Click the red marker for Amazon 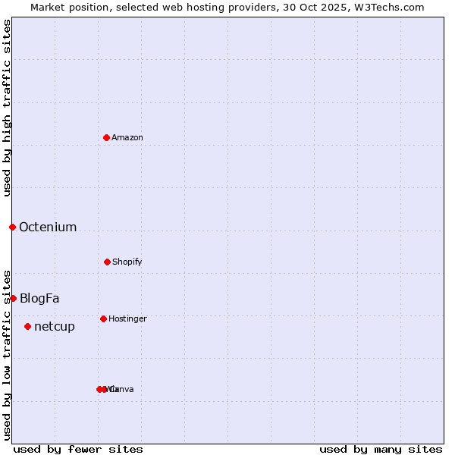106,137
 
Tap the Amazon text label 127,137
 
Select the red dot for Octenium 12,227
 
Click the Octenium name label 48,227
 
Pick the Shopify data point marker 107,262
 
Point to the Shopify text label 127,262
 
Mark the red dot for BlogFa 13,298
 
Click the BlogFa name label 39,298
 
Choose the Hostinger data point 103,318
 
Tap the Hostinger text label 127,318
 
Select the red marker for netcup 27,326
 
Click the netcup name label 55,326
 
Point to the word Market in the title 47,7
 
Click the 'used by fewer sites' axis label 78,449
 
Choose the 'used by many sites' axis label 381,449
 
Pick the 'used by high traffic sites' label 7,108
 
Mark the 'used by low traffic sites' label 7,354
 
